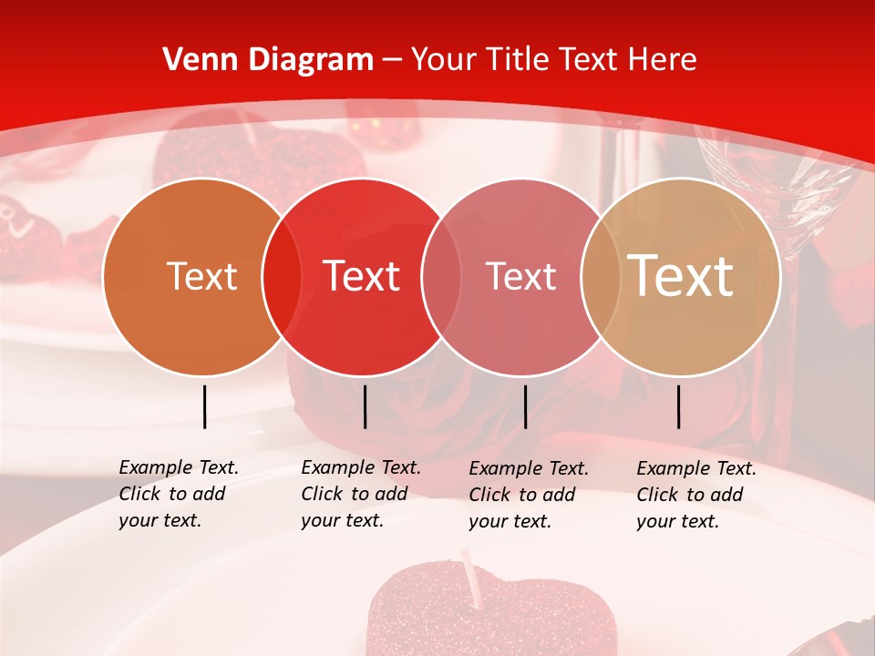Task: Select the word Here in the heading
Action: tap(662, 60)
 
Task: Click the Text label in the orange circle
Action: tap(201, 276)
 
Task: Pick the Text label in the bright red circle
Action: tap(362, 276)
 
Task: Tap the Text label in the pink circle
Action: tap(521, 276)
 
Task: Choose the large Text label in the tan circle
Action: tap(681, 276)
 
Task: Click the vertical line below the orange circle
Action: tap(204, 406)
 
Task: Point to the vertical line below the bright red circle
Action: tap(365, 406)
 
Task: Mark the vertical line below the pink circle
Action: tap(525, 406)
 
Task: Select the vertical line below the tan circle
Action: tap(679, 406)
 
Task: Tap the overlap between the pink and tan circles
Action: tap(601, 276)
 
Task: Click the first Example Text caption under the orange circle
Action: tap(179, 494)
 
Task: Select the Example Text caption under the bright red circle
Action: tap(361, 494)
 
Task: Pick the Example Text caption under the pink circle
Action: tap(529, 495)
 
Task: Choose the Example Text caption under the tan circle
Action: tap(696, 495)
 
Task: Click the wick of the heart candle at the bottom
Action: tap(470, 571)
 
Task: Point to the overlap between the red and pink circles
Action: tap(440, 276)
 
